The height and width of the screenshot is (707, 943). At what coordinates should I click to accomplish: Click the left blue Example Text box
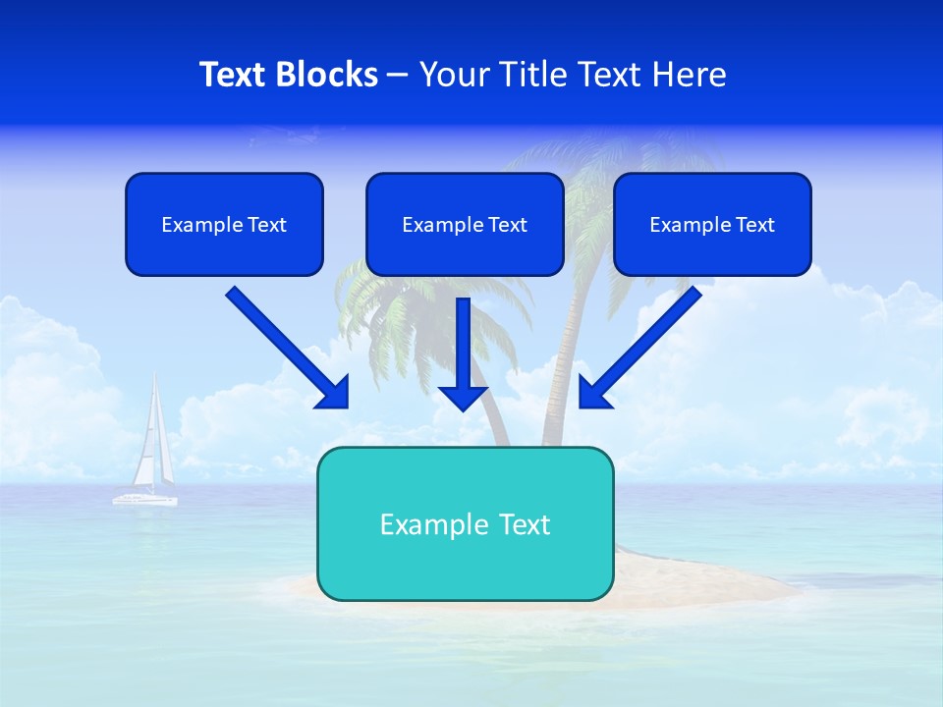(224, 224)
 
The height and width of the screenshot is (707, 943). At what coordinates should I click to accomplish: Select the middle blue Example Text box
(465, 224)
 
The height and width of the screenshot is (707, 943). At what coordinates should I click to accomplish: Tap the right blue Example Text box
(712, 224)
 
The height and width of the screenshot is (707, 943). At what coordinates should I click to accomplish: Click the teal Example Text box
(465, 523)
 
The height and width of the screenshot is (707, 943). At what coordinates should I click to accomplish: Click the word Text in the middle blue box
(506, 225)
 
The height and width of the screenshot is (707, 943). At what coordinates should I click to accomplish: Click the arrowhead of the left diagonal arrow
(334, 393)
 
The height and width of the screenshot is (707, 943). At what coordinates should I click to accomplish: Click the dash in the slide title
(398, 75)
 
